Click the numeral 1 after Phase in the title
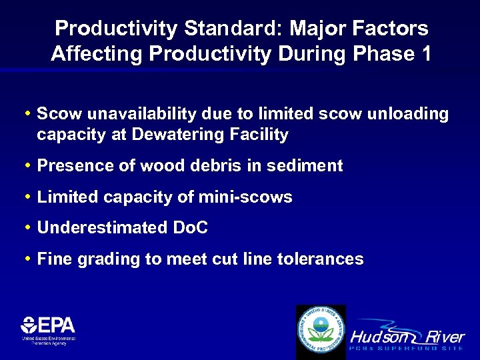423,54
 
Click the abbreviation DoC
191,228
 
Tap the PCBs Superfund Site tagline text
407,349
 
